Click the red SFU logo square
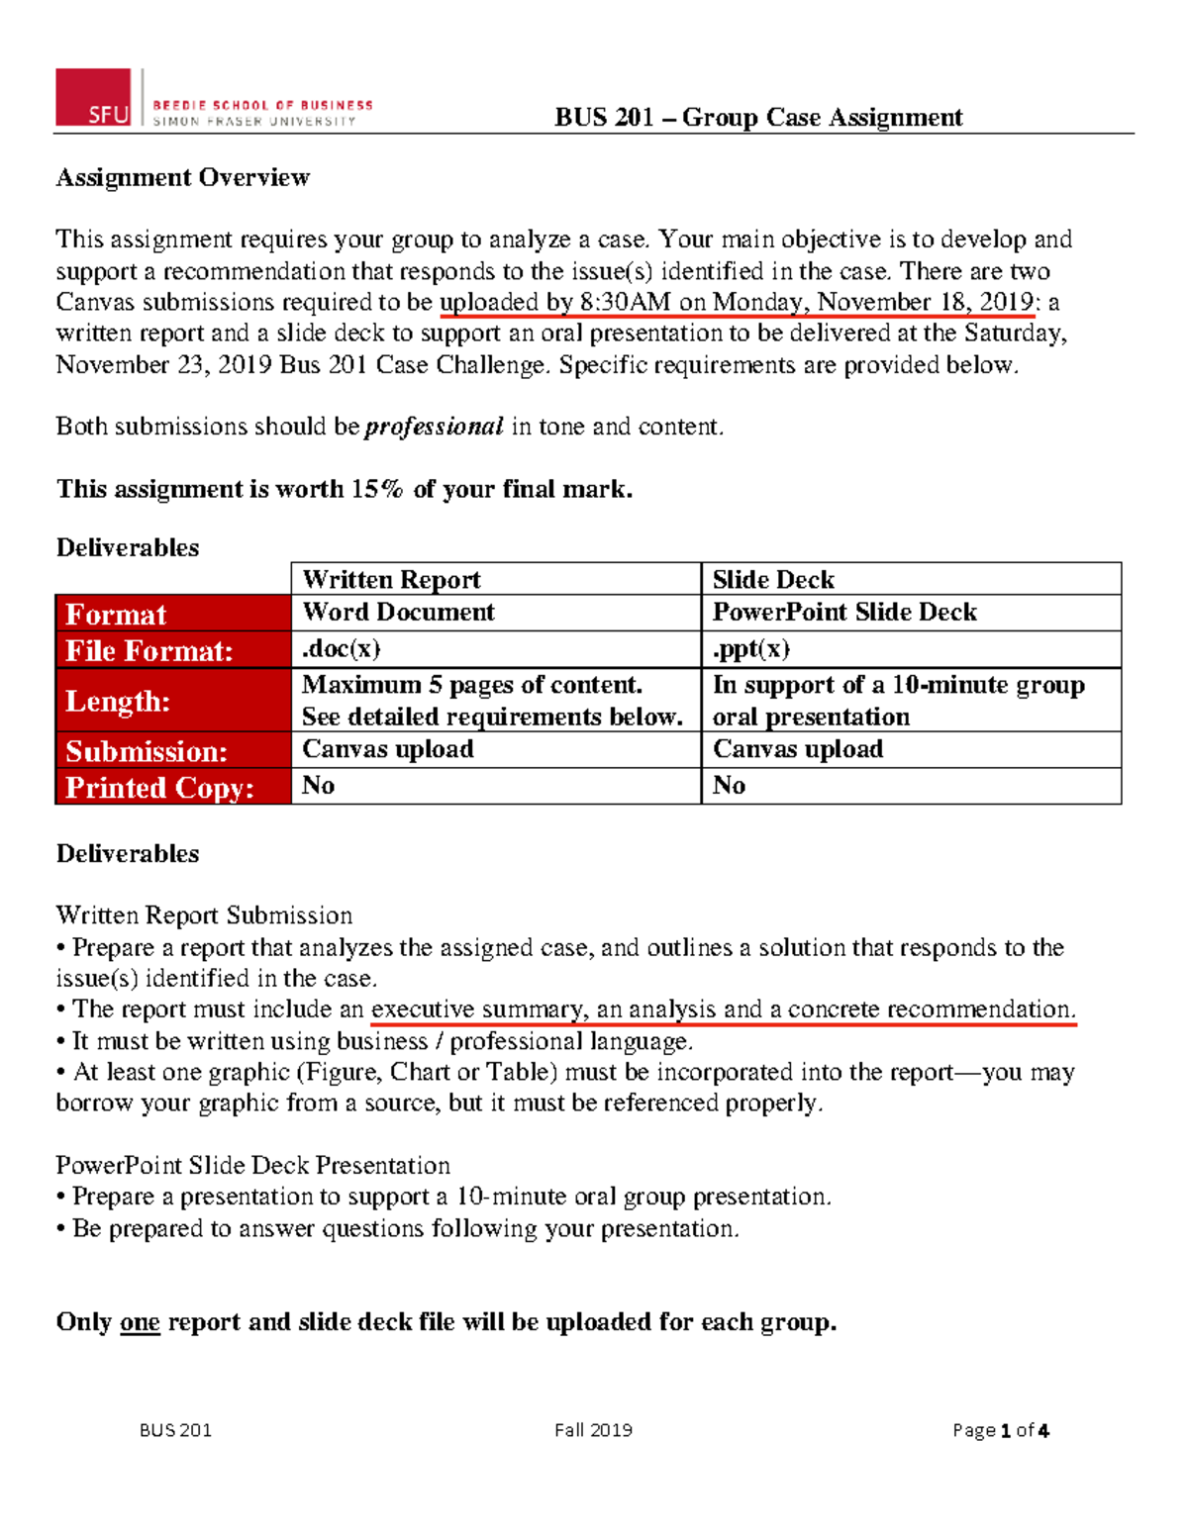tap(93, 97)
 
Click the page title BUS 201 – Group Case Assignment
tap(757, 118)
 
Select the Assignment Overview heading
tap(183, 177)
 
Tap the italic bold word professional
tap(435, 427)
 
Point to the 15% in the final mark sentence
tap(376, 489)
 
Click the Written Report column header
tap(391, 579)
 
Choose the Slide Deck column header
tap(773, 579)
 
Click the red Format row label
tap(116, 615)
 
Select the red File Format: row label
tap(149, 651)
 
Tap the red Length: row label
tap(118, 701)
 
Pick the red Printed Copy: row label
tap(159, 788)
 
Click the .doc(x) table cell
tap(342, 649)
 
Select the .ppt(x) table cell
tap(751, 649)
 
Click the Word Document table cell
tap(398, 612)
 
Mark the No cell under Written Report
tap(319, 786)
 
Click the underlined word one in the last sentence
tap(140, 1322)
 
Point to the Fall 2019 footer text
tap(593, 1430)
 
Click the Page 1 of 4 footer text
tap(1000, 1430)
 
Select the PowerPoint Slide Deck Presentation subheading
tap(252, 1165)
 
